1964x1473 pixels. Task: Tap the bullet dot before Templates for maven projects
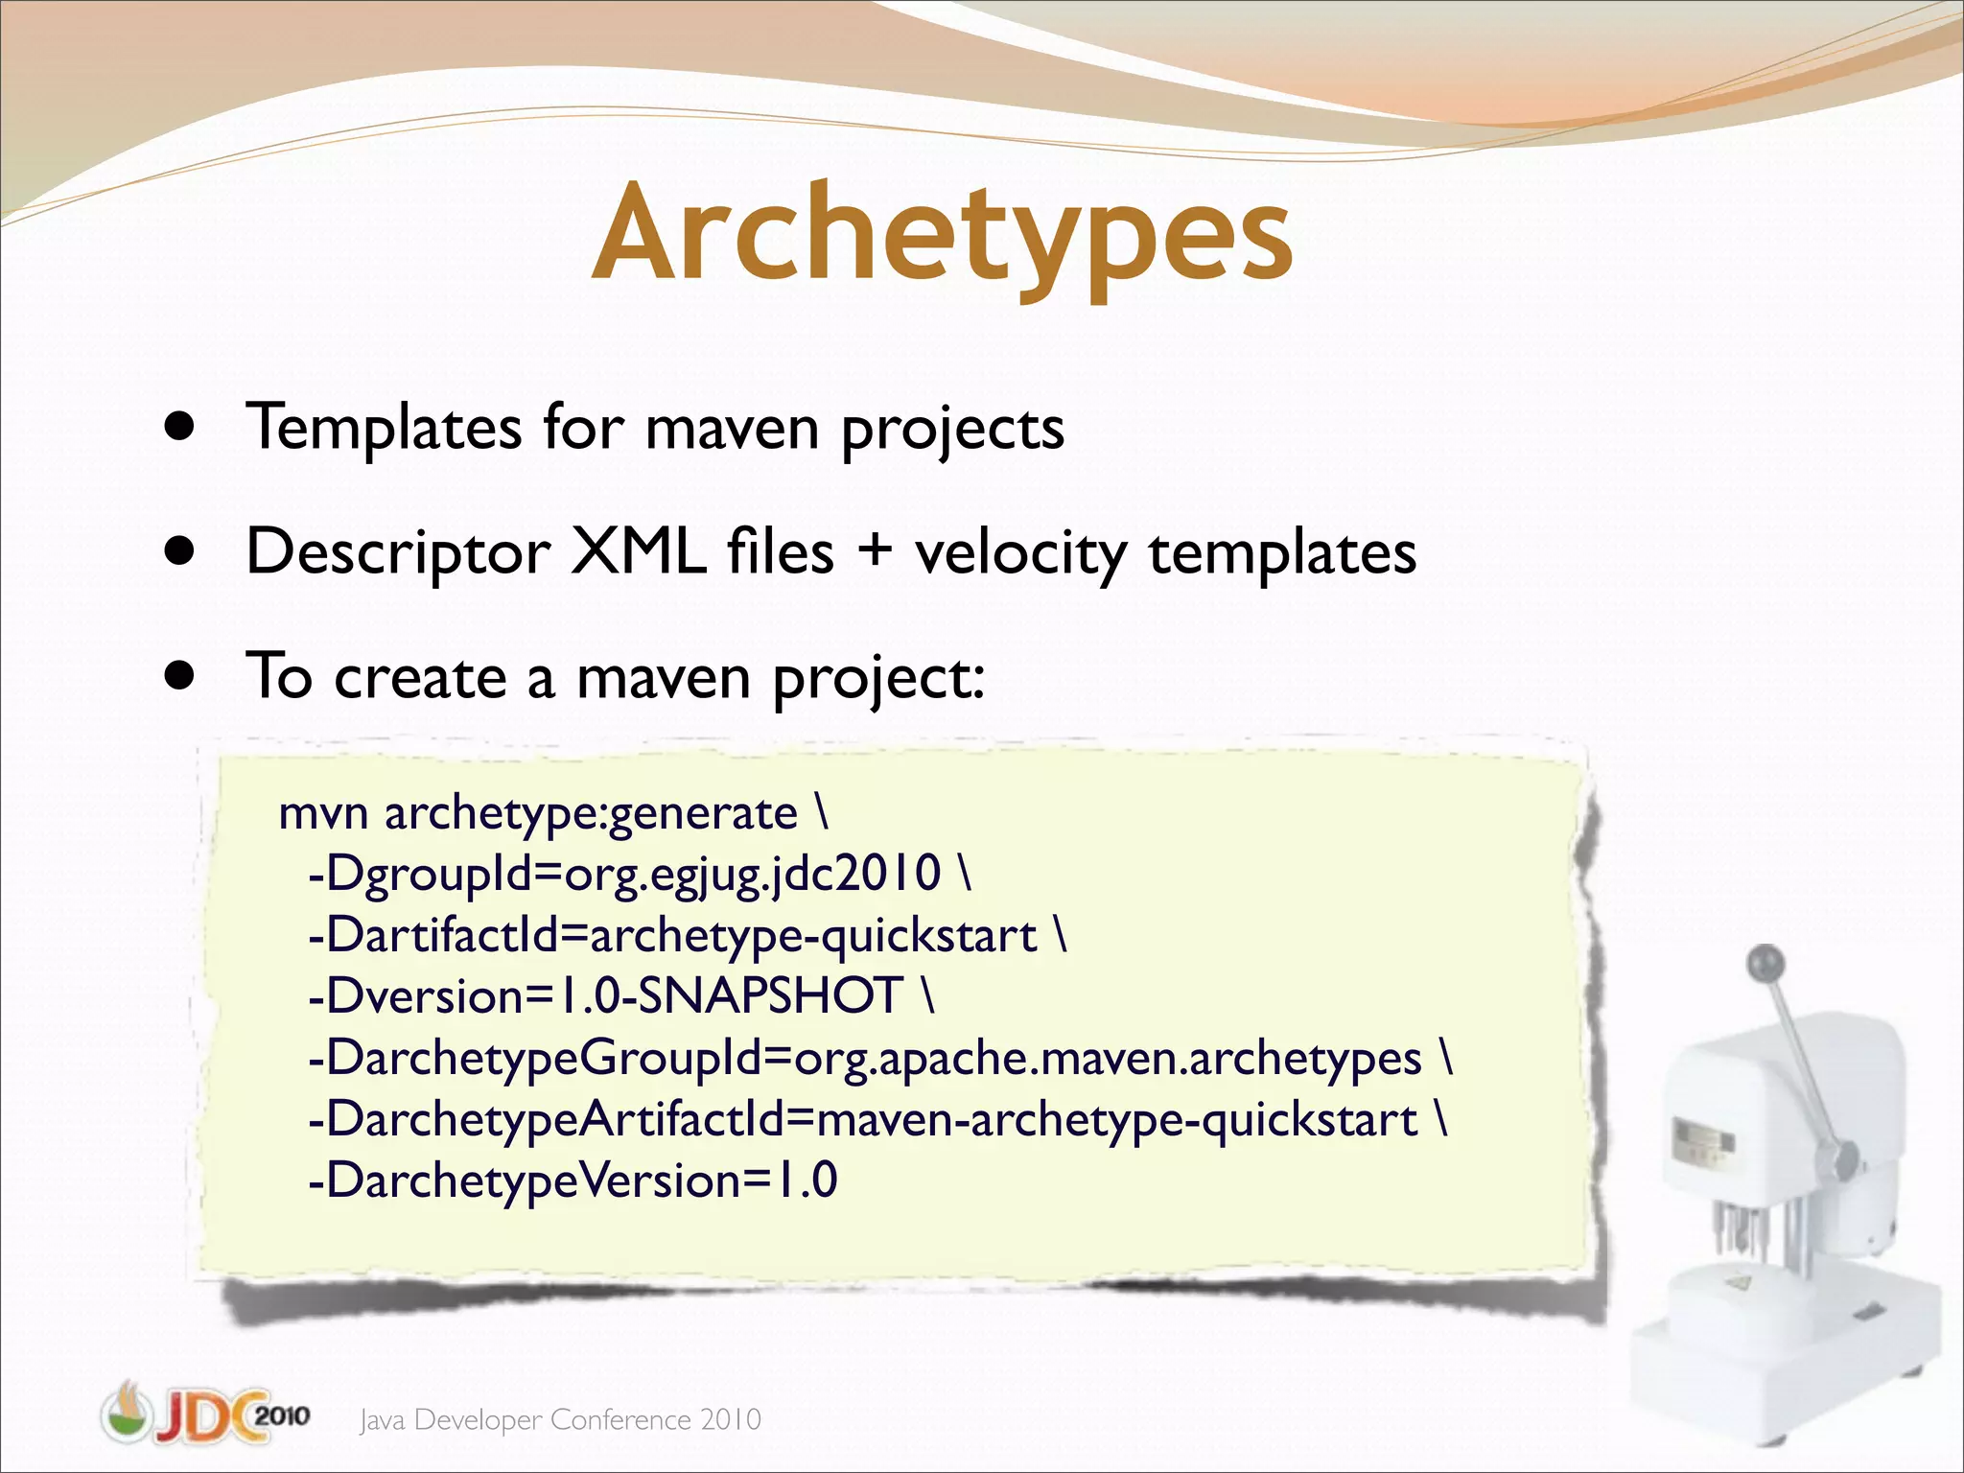click(x=179, y=426)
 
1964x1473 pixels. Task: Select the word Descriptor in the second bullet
click(x=397, y=553)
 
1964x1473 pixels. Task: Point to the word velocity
click(x=1020, y=553)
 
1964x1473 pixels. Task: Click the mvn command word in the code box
click(x=323, y=814)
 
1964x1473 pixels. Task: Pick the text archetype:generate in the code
click(x=591, y=814)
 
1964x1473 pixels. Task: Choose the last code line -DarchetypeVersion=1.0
click(x=573, y=1181)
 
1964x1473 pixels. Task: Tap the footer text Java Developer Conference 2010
click(x=561, y=1419)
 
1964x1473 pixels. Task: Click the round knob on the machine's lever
click(x=1765, y=961)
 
